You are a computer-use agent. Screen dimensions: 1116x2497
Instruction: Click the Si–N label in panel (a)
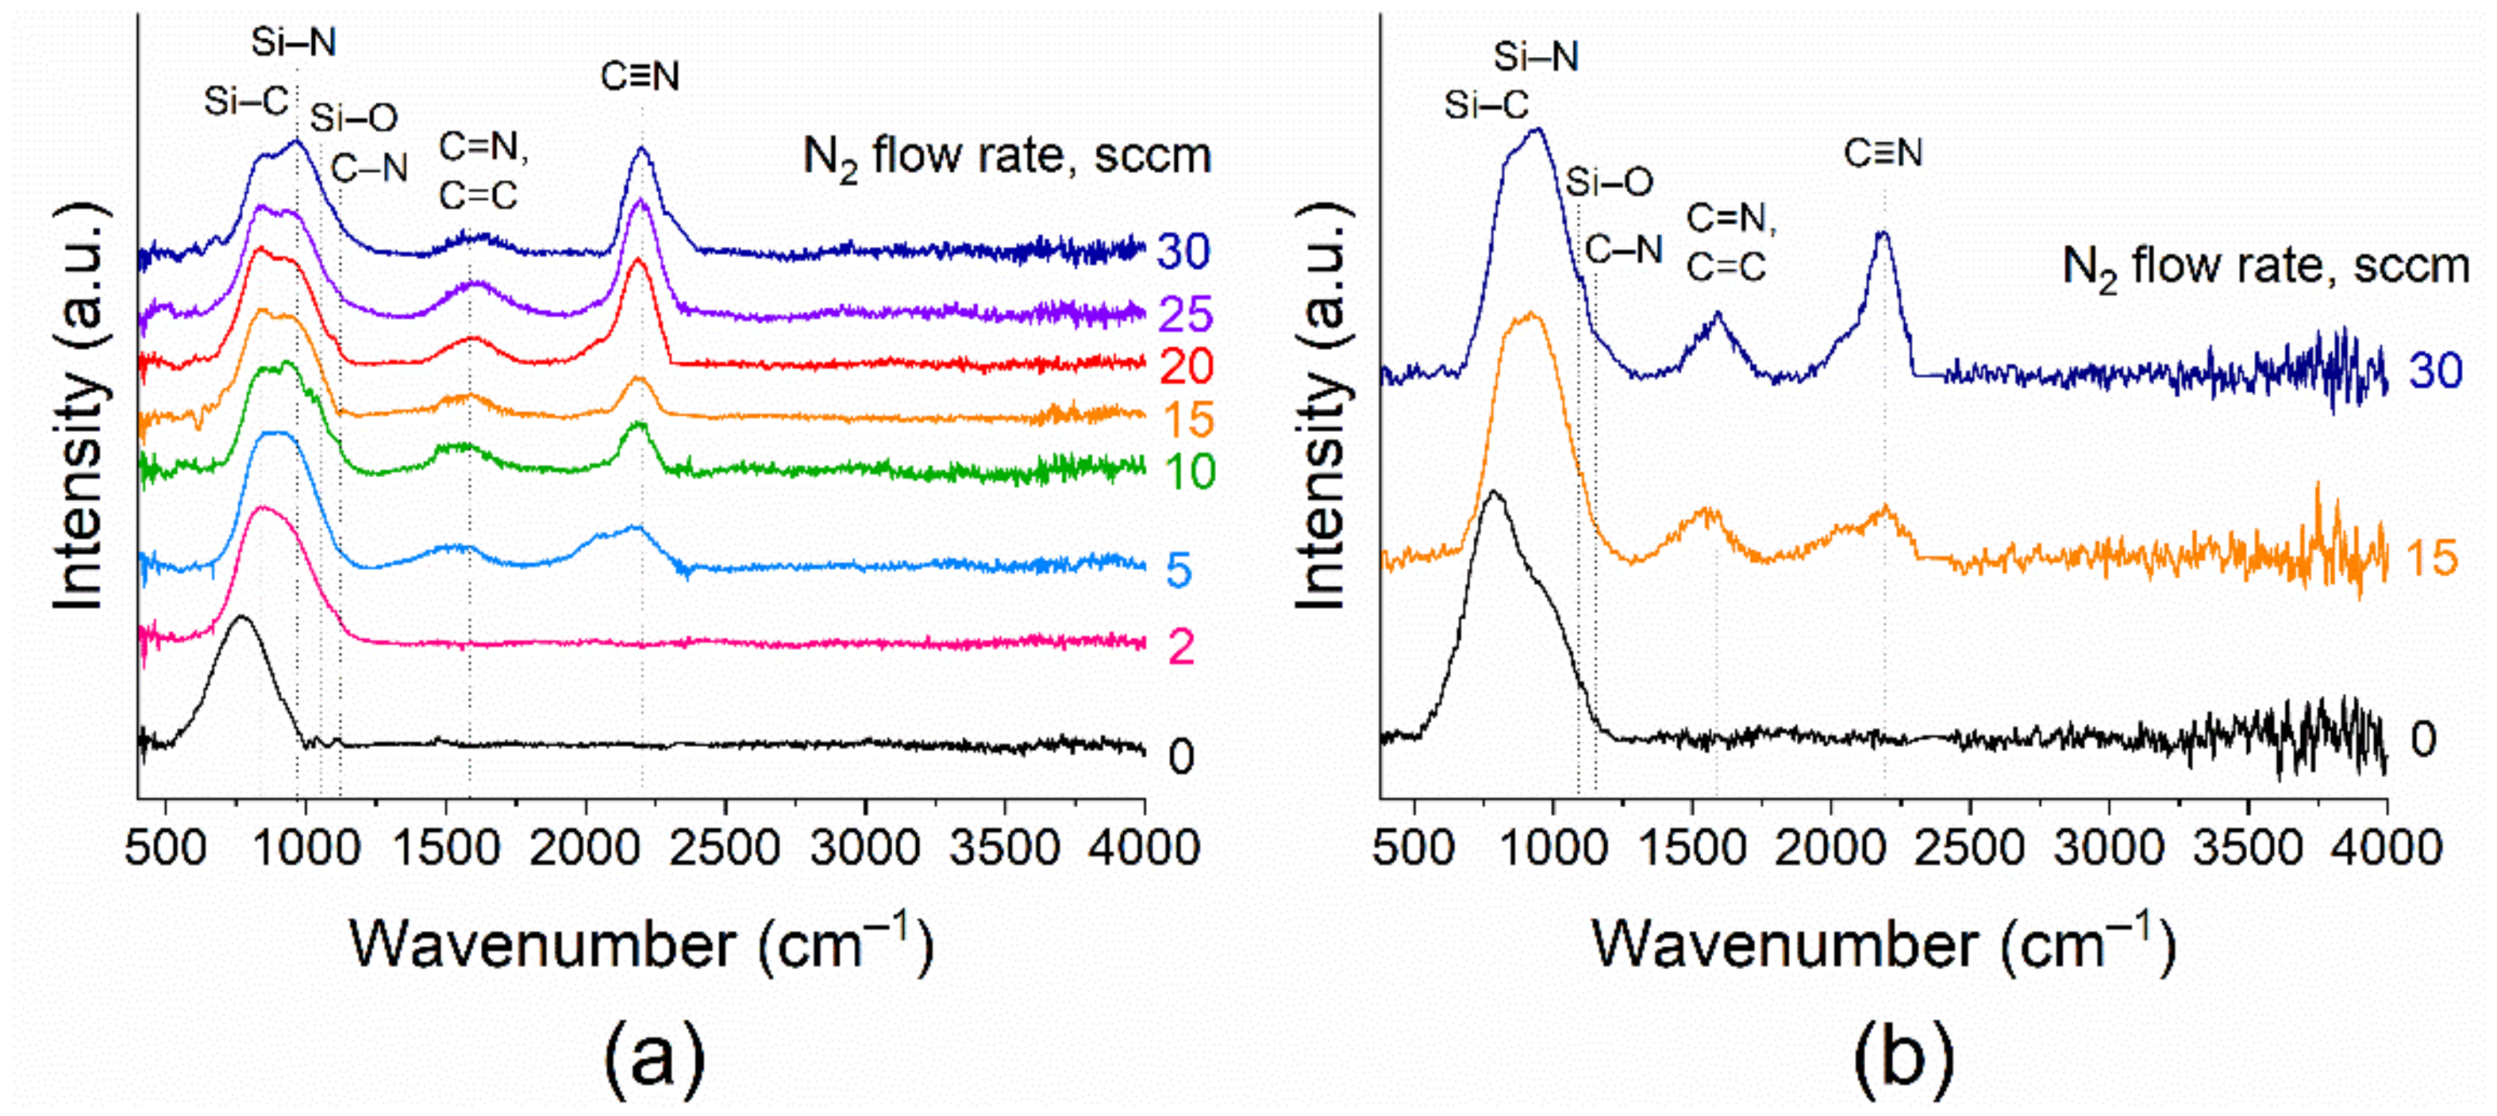click(293, 43)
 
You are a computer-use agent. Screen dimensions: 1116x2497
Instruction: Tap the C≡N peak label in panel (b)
click(1883, 153)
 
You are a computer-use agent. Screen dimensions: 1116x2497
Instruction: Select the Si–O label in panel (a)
click(354, 118)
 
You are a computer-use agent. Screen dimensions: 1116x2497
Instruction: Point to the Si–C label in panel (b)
click(1486, 105)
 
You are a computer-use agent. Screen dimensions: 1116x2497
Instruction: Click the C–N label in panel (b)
click(1624, 250)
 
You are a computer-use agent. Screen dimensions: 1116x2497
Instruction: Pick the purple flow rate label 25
click(1184, 314)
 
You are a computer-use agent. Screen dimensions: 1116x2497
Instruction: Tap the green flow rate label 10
click(1188, 472)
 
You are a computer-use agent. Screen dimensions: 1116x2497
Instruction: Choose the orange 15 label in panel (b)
click(2432, 559)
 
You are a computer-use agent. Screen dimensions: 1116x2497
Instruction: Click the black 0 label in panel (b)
click(2423, 740)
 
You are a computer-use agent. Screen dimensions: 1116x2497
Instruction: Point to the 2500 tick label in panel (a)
click(725, 849)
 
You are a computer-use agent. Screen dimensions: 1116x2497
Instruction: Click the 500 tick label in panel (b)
click(1414, 849)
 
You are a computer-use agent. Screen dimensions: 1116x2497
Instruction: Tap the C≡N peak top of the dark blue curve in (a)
click(641, 148)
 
